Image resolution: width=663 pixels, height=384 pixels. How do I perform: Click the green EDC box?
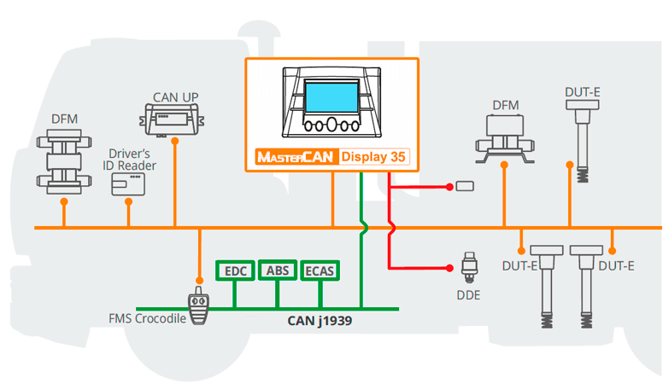234,271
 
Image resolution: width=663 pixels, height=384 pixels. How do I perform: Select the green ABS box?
277,271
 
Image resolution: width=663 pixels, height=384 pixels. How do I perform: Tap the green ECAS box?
320,271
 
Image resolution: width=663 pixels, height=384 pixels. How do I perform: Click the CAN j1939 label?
320,322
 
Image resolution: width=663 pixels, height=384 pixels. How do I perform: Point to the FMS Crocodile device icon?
200,309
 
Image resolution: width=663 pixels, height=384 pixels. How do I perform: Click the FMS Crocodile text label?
147,320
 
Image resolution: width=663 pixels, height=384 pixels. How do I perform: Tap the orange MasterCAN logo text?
296,157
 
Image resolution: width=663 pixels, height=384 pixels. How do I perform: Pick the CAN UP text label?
175,96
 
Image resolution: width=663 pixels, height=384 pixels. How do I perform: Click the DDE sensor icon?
468,265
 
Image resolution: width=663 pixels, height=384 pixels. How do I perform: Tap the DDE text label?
468,295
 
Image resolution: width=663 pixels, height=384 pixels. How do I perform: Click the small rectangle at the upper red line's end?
466,185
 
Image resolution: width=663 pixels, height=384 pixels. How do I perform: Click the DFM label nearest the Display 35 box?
506,105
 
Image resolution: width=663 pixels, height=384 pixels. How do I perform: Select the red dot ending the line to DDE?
449,266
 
